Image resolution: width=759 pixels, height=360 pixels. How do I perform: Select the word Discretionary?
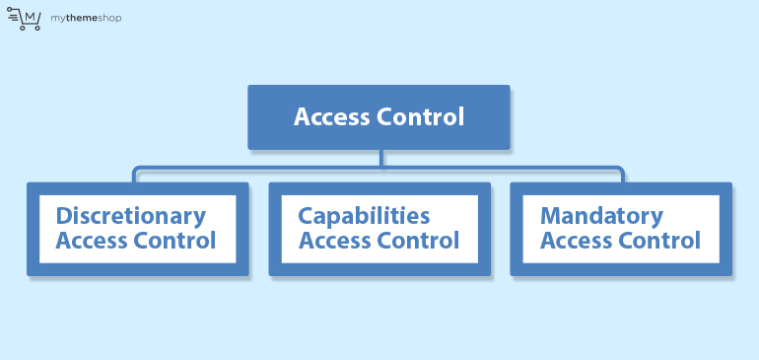[x=131, y=216]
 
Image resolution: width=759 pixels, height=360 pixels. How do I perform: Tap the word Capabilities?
[x=365, y=216]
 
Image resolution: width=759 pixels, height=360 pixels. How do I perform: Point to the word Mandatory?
[x=601, y=216]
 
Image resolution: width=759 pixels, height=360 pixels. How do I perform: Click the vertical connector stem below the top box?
[x=379, y=158]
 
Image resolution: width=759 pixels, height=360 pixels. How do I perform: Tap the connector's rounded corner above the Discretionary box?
[x=138, y=171]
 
